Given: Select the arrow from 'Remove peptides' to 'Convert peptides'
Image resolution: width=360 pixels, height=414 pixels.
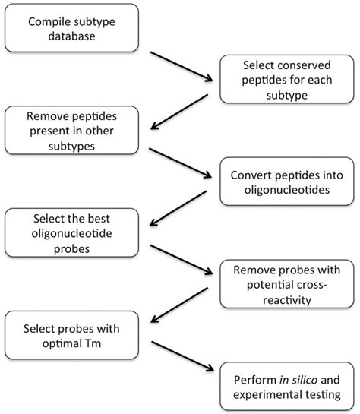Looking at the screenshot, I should point(182,161).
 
